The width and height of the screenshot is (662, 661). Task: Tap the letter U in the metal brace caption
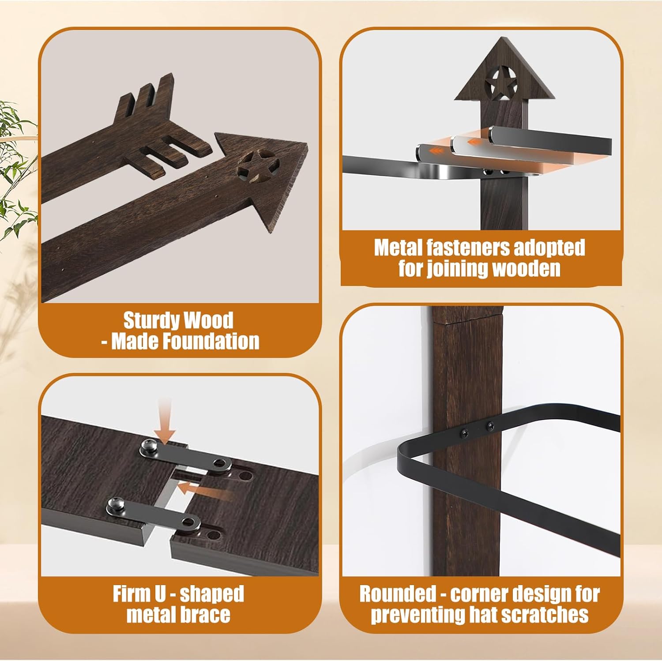coord(160,594)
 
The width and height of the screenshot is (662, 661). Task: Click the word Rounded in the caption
coord(397,594)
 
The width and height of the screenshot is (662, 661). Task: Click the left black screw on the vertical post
coord(465,433)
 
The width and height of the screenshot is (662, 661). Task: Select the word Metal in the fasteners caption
coord(393,248)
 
